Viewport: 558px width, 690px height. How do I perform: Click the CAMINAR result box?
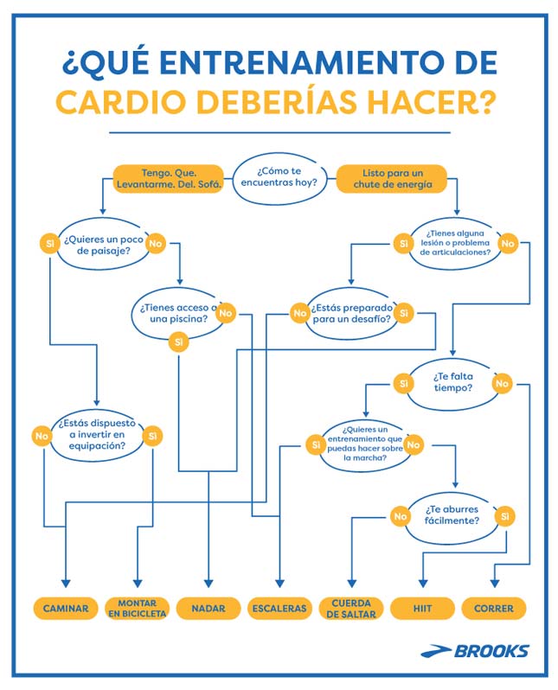65,608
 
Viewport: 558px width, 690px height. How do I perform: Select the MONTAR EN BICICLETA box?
137,608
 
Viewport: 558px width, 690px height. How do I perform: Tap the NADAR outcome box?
208,608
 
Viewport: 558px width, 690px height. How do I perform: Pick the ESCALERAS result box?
279,608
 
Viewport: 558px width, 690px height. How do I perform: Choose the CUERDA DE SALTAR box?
351,608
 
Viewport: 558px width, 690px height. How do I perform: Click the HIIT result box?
422,608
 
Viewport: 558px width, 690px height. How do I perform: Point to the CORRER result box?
494,608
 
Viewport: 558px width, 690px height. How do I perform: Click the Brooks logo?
475,650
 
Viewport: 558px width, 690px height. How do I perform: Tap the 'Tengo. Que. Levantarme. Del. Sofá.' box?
169,178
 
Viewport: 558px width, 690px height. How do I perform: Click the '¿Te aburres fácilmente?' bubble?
452,515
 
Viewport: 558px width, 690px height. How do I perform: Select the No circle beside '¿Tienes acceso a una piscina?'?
226,313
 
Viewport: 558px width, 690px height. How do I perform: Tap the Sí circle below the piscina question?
179,342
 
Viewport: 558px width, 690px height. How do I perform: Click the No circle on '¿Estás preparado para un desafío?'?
299,313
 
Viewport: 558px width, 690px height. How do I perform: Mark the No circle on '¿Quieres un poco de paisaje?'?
156,244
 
